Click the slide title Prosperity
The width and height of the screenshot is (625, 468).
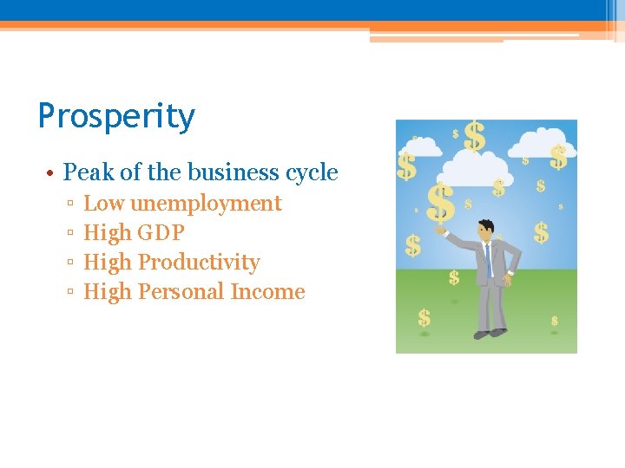[116, 116]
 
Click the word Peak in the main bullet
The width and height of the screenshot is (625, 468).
[89, 172]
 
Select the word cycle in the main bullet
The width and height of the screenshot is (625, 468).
[312, 172]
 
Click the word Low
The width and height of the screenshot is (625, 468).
[103, 204]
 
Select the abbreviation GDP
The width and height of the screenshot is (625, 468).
[161, 233]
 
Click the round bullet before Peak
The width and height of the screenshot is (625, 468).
[52, 173]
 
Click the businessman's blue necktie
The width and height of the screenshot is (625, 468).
[489, 257]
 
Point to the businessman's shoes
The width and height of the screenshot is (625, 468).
[489, 333]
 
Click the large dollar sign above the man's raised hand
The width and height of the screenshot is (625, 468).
[441, 203]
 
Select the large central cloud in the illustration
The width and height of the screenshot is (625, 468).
[475, 166]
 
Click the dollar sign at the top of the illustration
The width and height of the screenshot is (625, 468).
[474, 135]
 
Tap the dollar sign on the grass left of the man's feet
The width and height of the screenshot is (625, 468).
[424, 318]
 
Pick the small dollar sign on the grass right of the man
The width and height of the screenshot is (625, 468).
[554, 322]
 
